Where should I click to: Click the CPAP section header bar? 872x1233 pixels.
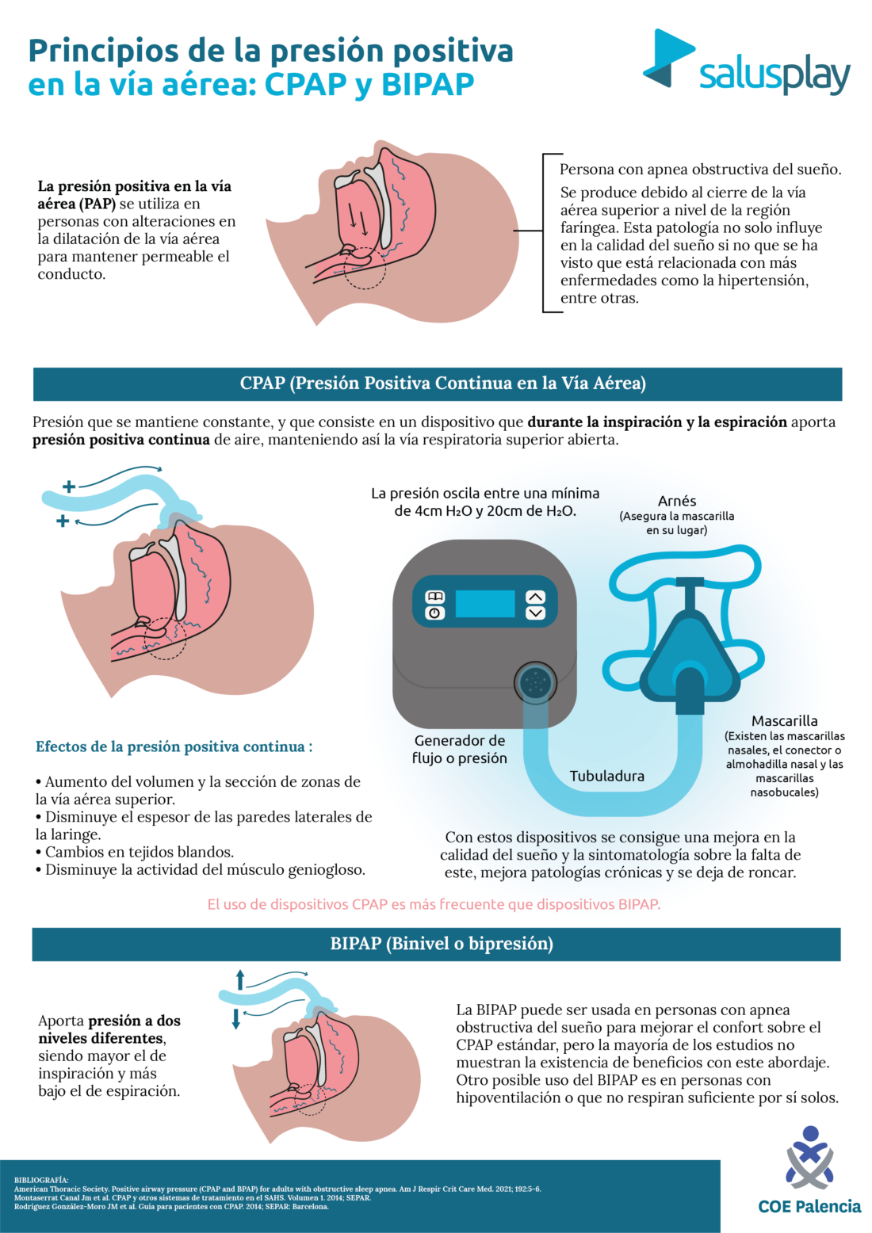tap(437, 384)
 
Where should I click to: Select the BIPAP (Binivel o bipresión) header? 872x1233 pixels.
tap(437, 944)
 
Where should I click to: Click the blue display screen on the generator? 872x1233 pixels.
tap(485, 605)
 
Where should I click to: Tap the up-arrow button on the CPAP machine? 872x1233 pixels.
tap(536, 597)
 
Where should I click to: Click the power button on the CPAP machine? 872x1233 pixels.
tap(434, 613)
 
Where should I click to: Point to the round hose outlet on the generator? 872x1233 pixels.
tap(535, 681)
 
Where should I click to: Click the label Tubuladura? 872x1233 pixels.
tap(606, 777)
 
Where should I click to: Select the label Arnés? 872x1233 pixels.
tap(676, 501)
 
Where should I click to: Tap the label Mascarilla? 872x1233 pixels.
tap(784, 721)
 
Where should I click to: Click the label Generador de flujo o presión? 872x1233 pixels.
tap(459, 749)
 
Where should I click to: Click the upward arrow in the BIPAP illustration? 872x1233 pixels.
tap(240, 978)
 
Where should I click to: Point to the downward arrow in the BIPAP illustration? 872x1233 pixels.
tap(235, 1019)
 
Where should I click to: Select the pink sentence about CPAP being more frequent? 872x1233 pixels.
tap(434, 904)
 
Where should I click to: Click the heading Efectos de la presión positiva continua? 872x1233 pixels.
tap(174, 746)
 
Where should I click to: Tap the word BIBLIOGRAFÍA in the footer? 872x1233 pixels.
tap(41, 1180)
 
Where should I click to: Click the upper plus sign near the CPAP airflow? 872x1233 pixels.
tap(69, 486)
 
